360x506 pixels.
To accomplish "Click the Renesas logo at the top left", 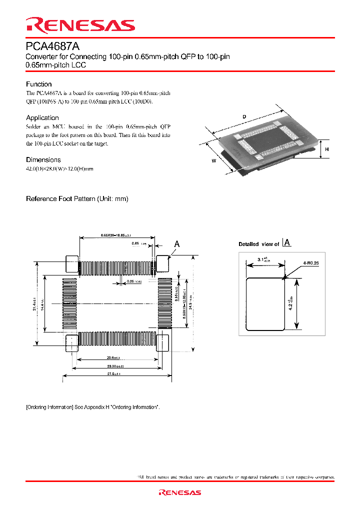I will tap(80, 25).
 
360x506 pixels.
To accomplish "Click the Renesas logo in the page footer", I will tap(179, 492).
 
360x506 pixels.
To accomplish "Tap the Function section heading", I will tap(38, 84).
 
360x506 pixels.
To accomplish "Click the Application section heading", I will tap(42, 117).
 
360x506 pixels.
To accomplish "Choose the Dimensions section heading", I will tap(43, 159).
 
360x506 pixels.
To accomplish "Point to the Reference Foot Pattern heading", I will tap(77, 198).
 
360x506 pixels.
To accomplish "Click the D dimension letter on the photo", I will tap(244, 117).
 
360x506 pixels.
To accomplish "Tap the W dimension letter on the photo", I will tap(213, 160).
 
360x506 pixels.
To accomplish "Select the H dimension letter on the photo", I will tap(326, 149).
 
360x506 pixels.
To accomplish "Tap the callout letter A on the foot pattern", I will tap(176, 244).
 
